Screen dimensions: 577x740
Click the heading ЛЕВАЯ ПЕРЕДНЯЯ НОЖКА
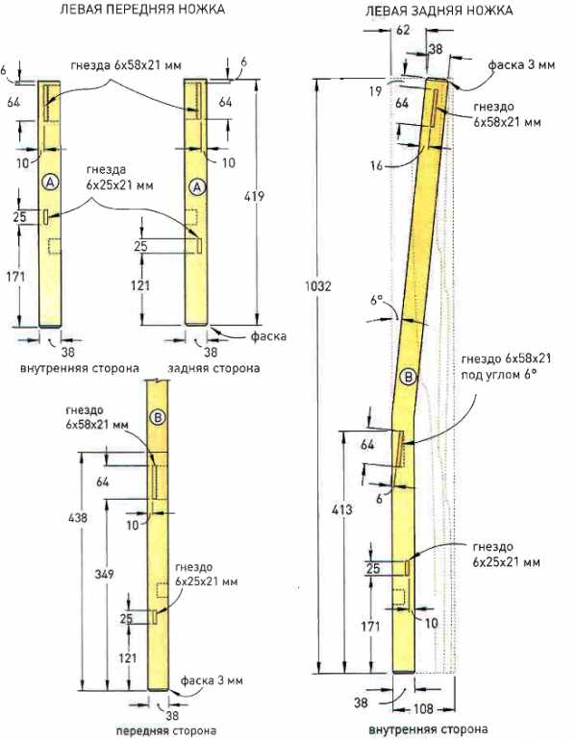(x=142, y=9)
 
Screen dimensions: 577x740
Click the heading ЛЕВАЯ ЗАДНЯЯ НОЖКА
(x=439, y=10)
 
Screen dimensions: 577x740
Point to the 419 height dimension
(x=254, y=196)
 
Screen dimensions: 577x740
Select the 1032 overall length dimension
(x=318, y=286)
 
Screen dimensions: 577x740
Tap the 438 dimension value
(x=78, y=518)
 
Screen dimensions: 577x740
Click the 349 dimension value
(x=105, y=574)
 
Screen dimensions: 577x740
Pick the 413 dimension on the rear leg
(x=341, y=509)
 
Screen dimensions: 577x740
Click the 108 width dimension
(x=423, y=708)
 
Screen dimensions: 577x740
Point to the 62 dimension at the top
(x=403, y=30)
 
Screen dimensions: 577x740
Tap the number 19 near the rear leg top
(x=375, y=91)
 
